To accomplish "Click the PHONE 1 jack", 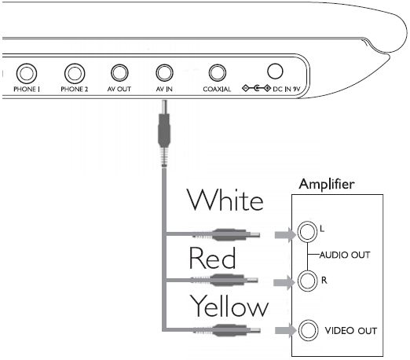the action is pos(27,73).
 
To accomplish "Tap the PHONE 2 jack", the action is pos(75,73).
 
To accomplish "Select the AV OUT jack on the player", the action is pos(119,73).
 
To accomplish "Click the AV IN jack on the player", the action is pos(164,73).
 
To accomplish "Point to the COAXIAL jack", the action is pos(218,73).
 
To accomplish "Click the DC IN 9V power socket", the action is pos(275,72).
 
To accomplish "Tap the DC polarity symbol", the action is pos(256,88).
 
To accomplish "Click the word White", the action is pos(225,200).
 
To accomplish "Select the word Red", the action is pos(212,258).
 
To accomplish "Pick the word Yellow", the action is pos(229,306).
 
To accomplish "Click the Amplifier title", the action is pos(327,184).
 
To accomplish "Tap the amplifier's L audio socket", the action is pos(307,232).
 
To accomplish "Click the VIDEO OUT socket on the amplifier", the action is pos(308,330).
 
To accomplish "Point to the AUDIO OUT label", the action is pos(345,255).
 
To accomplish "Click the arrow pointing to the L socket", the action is pos(285,234).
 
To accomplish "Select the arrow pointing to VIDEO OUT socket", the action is pos(286,330).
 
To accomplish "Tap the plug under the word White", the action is pos(226,234).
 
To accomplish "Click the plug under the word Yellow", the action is pos(227,330).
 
